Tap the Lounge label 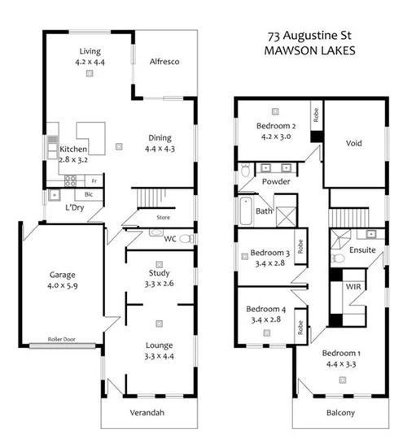(159, 345)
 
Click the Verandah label (147, 414)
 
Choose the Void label (353, 144)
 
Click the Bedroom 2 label (276, 126)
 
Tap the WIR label (353, 289)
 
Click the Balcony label (340, 413)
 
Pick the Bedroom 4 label (269, 310)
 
